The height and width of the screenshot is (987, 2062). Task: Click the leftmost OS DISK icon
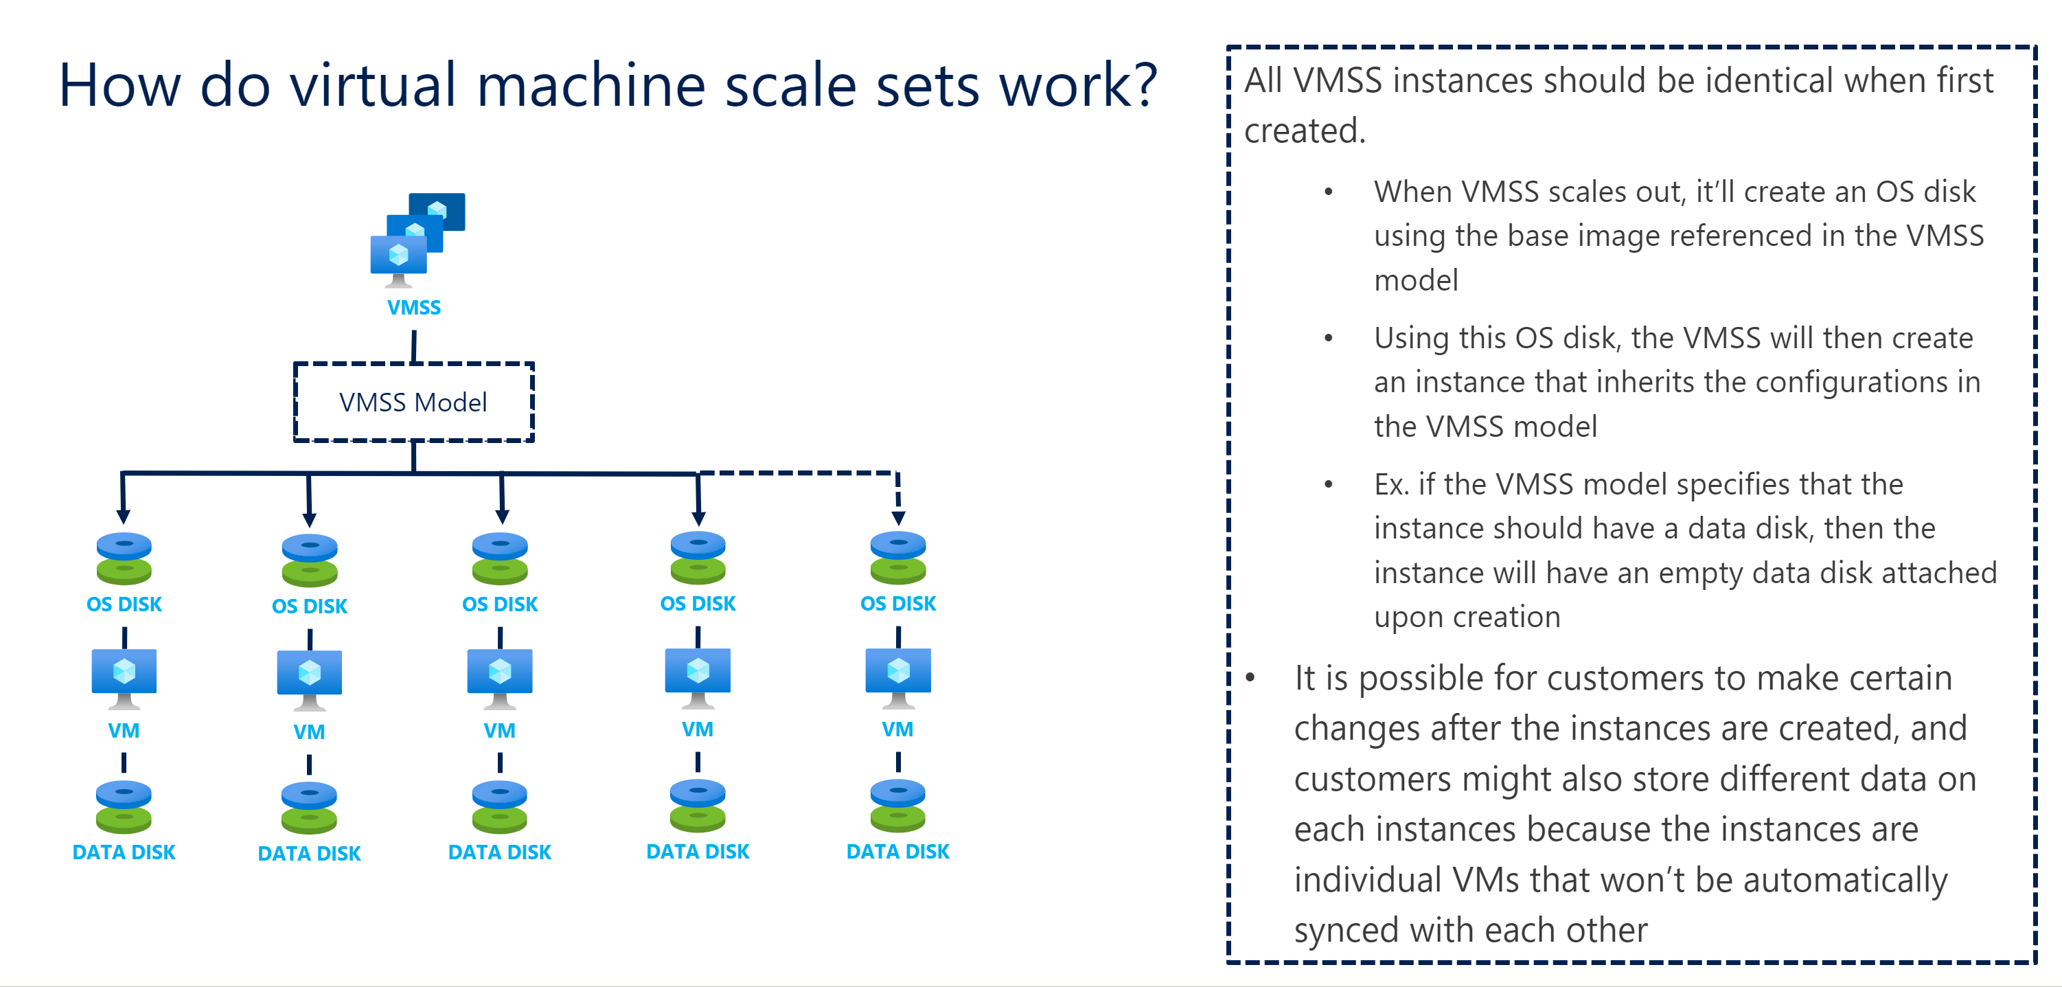(x=124, y=558)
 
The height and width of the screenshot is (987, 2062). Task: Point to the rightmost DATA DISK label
(x=897, y=852)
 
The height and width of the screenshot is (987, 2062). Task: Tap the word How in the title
(x=120, y=85)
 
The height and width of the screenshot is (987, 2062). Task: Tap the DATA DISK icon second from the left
(x=309, y=808)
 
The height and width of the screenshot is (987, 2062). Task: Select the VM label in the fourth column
(x=697, y=730)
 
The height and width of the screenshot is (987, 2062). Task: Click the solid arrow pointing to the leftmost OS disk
(x=122, y=498)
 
